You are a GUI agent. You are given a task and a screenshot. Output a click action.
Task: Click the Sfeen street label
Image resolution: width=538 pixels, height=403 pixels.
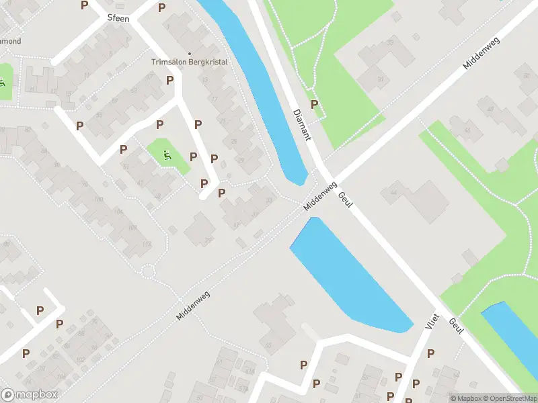point(118,19)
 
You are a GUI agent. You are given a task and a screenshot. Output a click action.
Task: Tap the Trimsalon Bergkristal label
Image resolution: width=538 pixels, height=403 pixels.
point(190,62)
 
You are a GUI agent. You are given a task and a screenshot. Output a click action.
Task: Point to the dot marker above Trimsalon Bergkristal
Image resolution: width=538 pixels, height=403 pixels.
point(190,54)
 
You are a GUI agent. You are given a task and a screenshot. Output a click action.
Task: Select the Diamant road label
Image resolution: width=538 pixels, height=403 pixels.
point(301,124)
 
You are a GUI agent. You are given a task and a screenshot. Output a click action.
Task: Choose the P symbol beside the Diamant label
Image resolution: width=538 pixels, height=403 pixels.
point(314,104)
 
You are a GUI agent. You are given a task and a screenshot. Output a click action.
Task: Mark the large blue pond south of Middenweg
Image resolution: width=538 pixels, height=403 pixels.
point(350,275)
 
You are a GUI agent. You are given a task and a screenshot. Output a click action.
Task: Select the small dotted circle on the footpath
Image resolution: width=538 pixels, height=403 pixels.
point(147,271)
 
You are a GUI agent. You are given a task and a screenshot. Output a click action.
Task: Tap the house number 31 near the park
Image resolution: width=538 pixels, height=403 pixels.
point(381,80)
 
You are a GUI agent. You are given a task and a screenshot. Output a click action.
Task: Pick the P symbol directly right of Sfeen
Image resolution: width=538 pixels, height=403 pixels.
point(161,7)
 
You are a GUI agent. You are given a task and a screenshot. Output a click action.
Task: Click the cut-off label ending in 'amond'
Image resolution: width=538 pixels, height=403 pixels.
point(11,41)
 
